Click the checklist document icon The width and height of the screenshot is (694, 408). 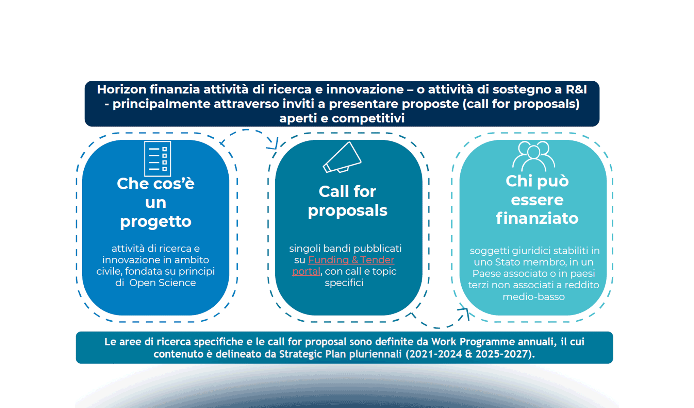point(158,159)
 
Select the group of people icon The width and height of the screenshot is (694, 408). point(533,156)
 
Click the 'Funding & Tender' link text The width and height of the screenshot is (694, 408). point(351,260)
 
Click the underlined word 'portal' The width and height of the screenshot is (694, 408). point(306,271)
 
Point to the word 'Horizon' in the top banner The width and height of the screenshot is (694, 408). point(121,89)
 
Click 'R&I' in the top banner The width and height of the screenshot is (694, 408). point(576,89)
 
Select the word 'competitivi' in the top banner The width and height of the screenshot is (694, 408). point(368,118)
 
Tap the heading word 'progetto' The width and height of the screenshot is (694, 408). point(156,222)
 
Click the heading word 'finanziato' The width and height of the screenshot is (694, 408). point(537,218)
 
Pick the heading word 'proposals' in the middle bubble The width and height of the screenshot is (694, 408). point(347,211)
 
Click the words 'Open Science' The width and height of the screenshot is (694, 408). point(163,283)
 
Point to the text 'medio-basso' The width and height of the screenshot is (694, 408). point(533,297)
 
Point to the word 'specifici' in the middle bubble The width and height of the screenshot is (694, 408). point(344,283)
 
